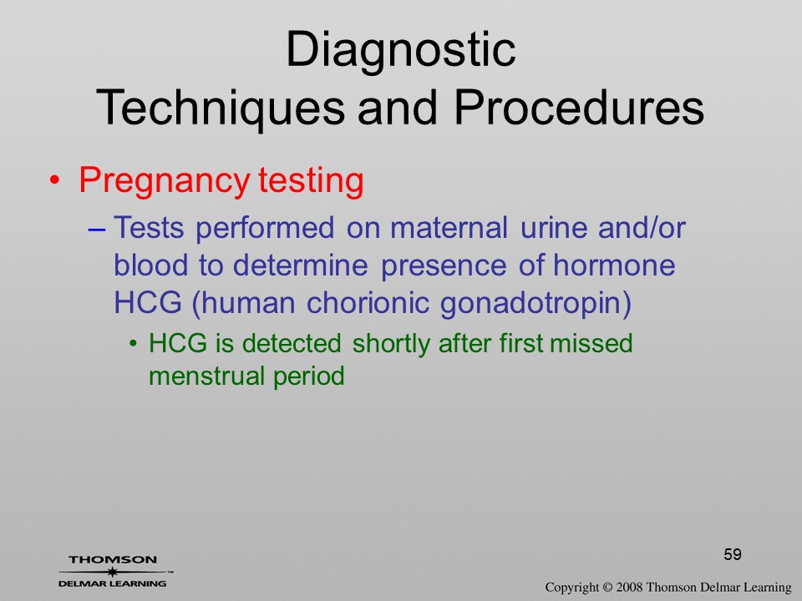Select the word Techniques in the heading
click(x=220, y=109)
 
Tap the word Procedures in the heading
click(x=579, y=108)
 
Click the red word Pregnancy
click(x=165, y=182)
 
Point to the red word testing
click(x=311, y=182)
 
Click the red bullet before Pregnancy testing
click(x=54, y=181)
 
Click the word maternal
click(x=449, y=227)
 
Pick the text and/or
click(x=642, y=227)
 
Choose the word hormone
click(x=614, y=265)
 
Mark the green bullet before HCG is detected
click(x=134, y=343)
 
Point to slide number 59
click(x=733, y=554)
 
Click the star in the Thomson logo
click(x=113, y=571)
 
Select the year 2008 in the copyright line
click(x=628, y=587)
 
